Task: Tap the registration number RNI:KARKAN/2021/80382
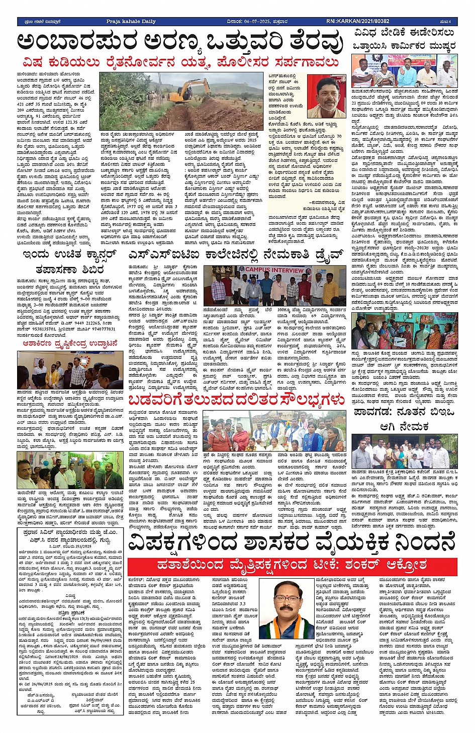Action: click(357, 22)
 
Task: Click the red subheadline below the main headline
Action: click(181, 62)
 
